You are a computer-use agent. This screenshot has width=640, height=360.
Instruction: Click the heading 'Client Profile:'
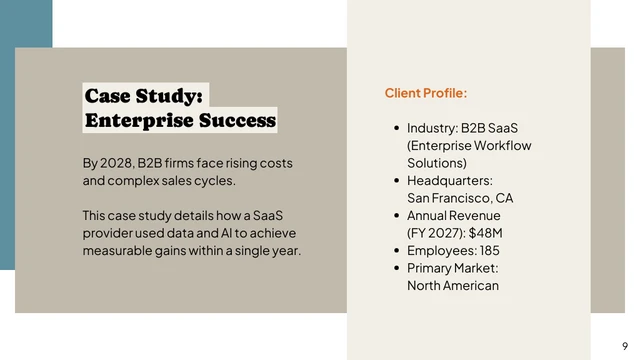coord(425,93)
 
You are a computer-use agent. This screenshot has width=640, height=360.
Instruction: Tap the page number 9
coord(625,345)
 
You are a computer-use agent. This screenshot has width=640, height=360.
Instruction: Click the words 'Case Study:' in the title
coord(144,96)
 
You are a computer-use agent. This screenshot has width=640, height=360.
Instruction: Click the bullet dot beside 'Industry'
coord(396,128)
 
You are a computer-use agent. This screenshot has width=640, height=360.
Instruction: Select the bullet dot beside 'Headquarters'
coord(396,181)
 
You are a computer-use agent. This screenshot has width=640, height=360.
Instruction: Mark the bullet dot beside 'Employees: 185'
coord(396,250)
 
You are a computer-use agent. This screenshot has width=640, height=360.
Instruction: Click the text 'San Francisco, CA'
coord(459,198)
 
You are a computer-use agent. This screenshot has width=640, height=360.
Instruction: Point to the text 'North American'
coord(452,286)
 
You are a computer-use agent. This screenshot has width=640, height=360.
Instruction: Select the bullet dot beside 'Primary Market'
coord(396,268)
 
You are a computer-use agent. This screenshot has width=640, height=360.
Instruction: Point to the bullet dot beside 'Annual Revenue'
coord(396,216)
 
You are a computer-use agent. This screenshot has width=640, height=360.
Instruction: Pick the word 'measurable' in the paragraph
coord(117,251)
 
